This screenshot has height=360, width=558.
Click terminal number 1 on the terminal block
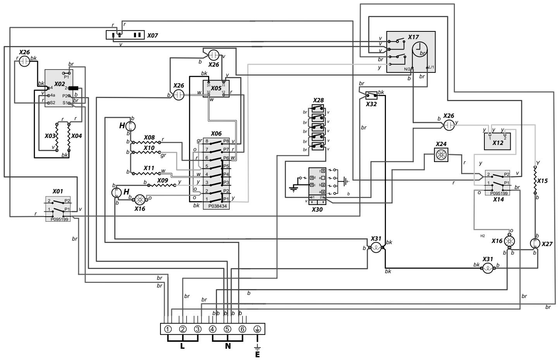click(168, 329)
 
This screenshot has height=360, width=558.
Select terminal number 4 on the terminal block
click(213, 329)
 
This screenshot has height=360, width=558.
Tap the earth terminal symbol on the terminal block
click(257, 329)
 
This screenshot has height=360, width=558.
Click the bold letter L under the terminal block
click(183, 346)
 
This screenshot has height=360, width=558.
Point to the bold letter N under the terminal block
click(227, 346)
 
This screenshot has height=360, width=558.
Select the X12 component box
click(497, 141)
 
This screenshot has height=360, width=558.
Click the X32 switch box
click(371, 94)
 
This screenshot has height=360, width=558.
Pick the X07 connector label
click(153, 36)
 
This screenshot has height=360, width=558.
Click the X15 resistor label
click(542, 181)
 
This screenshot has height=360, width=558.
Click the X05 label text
click(216, 88)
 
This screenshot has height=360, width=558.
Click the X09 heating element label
click(163, 181)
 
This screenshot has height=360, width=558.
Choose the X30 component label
click(317, 209)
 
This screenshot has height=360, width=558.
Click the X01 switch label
click(59, 191)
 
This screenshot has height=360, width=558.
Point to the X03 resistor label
click(50, 136)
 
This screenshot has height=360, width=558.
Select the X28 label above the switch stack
click(318, 100)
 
